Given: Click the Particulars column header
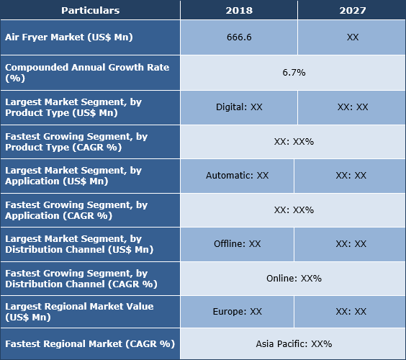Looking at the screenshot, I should [90, 10].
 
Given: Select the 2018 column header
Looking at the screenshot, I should [238, 10].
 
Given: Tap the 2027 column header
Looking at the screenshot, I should [351, 10].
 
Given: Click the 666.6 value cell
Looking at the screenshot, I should [238, 37].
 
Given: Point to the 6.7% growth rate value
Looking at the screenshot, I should [294, 73].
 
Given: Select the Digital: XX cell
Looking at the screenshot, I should [238, 107].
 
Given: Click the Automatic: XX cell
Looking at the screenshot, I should [237, 175].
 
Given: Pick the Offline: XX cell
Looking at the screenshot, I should [237, 244].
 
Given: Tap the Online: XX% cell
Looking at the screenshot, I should [294, 278].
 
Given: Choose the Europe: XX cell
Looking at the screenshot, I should [237, 312].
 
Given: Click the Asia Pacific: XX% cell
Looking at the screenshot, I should [294, 343].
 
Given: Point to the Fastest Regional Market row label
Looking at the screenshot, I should [89, 343].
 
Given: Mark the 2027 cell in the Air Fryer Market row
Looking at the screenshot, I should [351, 37].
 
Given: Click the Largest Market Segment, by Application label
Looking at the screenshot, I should [73, 175].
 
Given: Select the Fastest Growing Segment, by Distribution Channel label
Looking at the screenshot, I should [81, 278].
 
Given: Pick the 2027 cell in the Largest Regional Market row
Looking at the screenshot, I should [351, 312].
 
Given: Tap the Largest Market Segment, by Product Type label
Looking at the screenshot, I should [73, 107].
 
